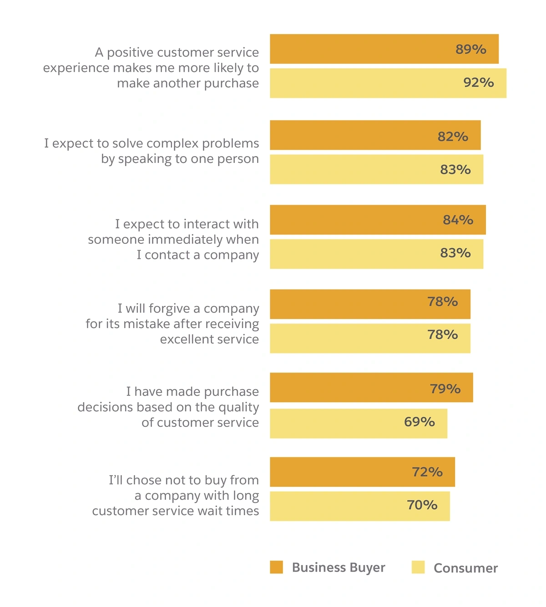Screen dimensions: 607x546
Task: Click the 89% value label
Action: point(471,49)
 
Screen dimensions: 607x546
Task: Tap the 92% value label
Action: point(479,82)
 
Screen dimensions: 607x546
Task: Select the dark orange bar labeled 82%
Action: point(375,135)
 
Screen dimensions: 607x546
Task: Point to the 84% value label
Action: point(458,220)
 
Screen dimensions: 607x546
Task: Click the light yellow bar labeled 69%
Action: point(358,424)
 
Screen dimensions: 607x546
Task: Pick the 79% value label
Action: point(445,389)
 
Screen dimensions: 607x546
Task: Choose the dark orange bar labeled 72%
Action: point(362,472)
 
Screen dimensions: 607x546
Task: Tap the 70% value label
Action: point(422,505)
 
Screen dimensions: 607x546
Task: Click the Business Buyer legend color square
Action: point(276,567)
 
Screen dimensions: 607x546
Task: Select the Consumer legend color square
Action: point(418,567)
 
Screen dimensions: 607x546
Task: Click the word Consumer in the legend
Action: point(465,568)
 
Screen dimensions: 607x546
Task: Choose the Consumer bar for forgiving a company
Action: point(370,339)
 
